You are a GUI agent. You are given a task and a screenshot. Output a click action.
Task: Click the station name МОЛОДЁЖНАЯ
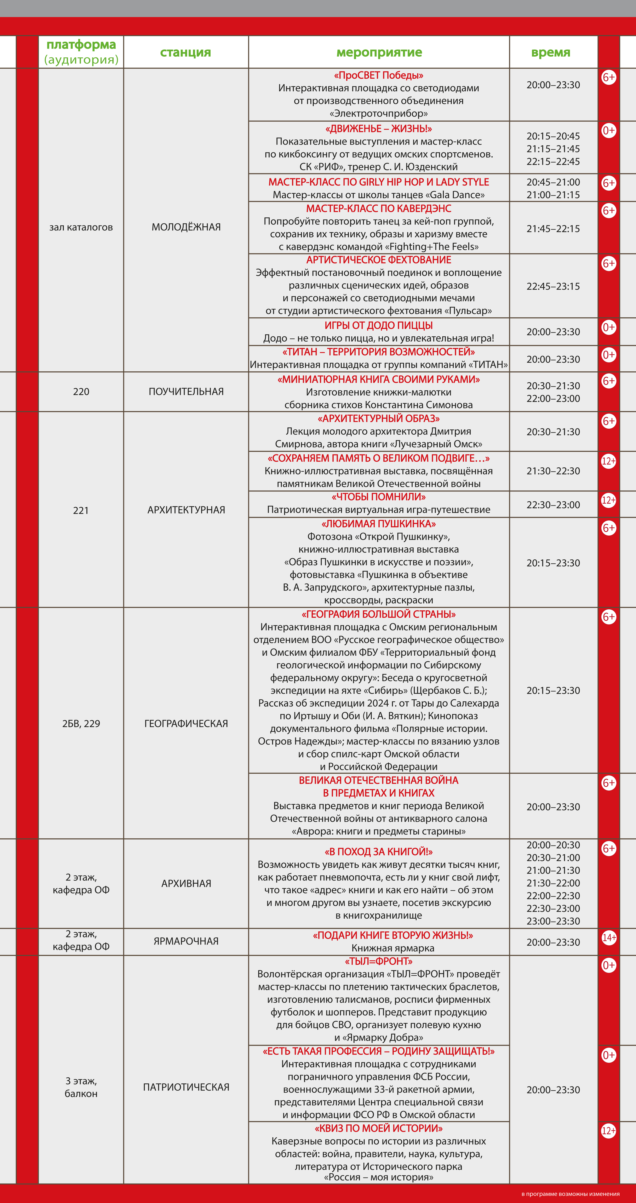[186, 227]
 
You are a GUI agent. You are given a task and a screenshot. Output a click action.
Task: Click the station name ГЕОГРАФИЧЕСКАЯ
[186, 723]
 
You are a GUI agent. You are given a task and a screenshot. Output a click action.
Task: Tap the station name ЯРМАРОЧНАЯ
[186, 941]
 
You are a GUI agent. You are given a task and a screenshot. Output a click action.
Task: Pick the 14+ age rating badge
[608, 937]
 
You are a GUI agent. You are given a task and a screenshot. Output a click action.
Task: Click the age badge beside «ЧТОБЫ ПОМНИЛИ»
[608, 500]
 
